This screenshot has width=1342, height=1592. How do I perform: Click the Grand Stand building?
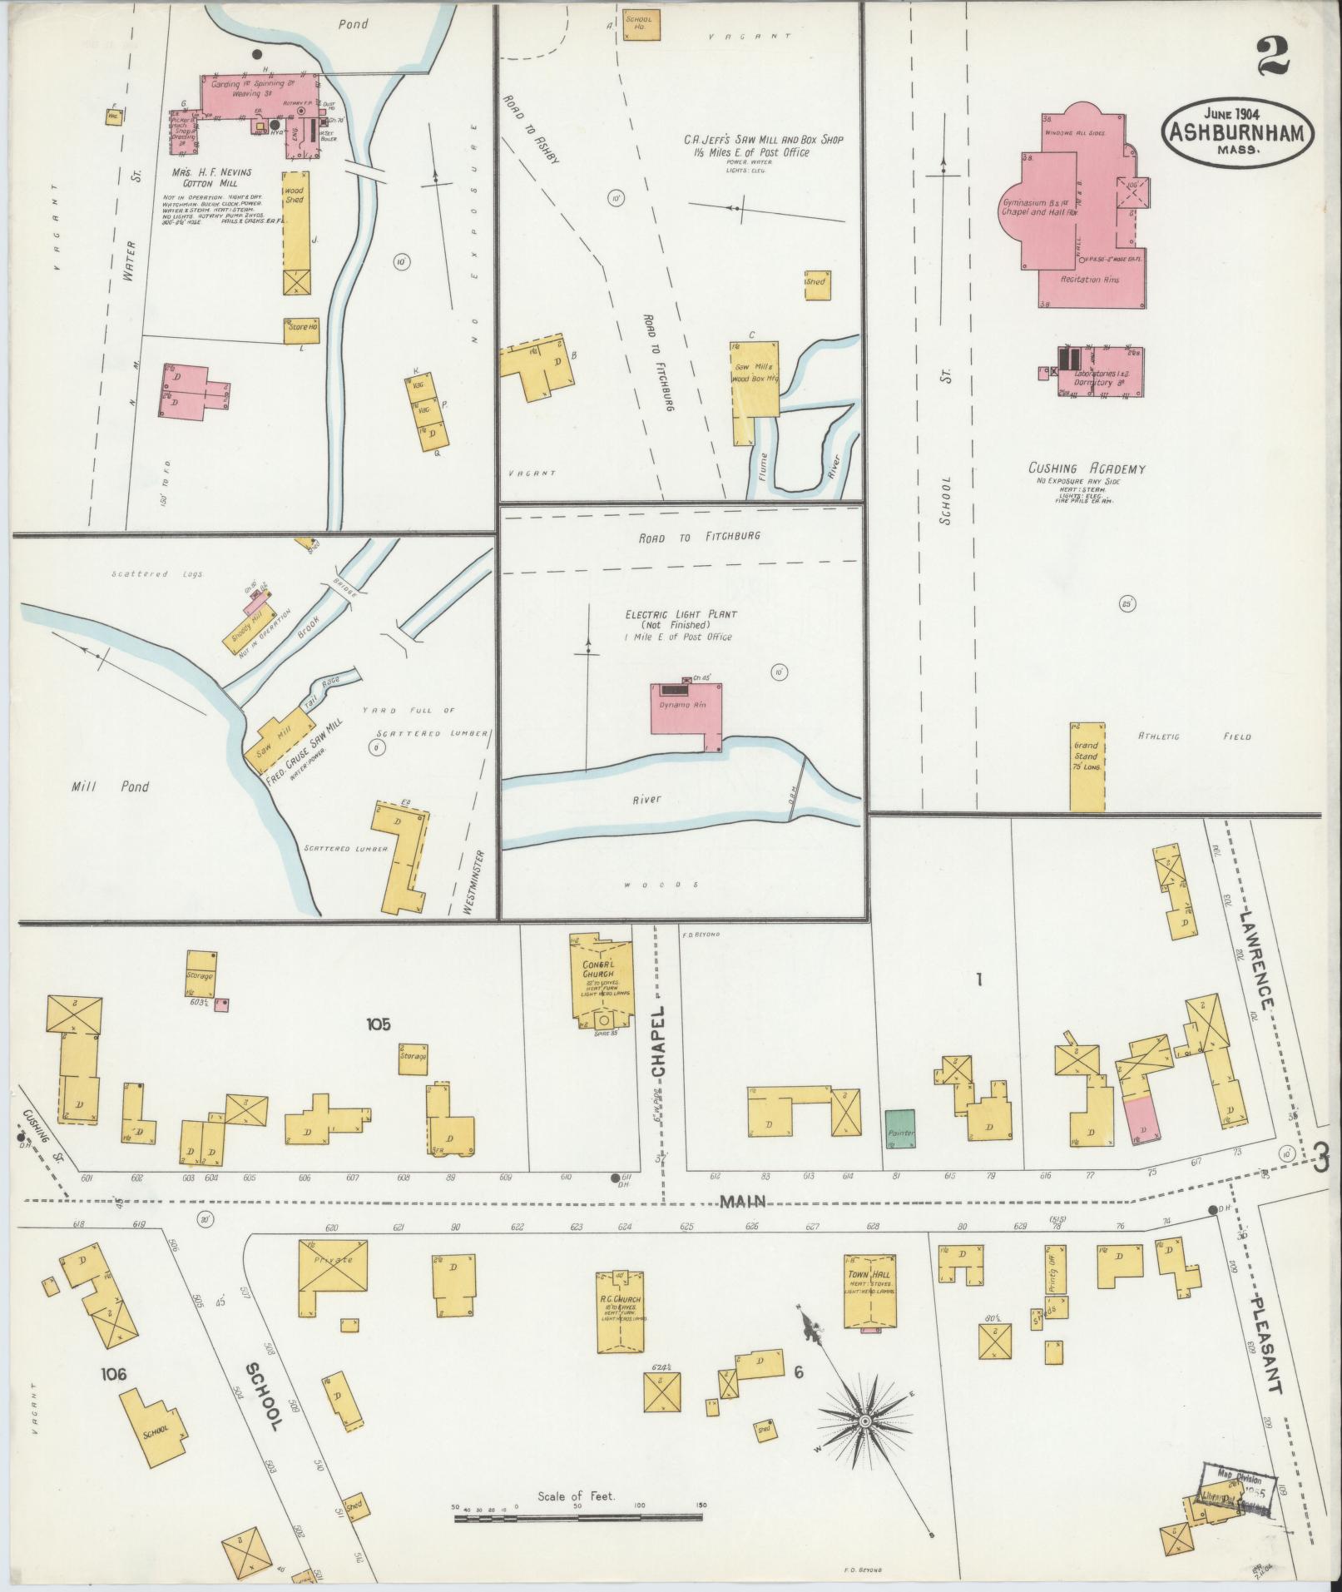tap(1087, 766)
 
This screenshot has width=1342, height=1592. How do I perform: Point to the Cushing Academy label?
tap(1086, 469)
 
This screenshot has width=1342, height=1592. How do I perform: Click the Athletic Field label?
tap(1193, 736)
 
